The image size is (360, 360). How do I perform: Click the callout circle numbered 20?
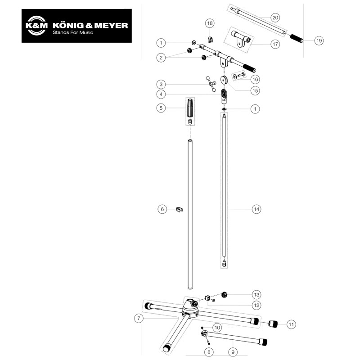pos(275,18)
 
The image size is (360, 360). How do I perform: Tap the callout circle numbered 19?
pos(319,40)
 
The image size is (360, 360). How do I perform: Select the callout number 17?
pos(275,44)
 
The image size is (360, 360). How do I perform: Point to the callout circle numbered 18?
pos(210,23)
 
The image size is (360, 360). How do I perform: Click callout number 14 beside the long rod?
pos(256,209)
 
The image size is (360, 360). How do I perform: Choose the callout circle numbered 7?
pos(139,318)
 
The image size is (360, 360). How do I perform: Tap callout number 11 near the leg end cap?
pos(291,324)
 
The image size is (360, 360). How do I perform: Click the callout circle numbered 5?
pos(161,108)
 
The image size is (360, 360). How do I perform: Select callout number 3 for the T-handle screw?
pos(161,84)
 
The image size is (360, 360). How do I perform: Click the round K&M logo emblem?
pos(36,26)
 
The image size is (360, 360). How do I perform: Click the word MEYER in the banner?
pos(111,25)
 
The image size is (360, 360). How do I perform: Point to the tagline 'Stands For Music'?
pos(73,32)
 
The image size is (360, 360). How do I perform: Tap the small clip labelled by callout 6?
pos(179,209)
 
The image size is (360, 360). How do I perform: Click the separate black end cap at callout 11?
pos(273,324)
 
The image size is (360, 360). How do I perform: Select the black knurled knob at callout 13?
pos(224,295)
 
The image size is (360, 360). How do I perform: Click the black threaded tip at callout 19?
pos(297,38)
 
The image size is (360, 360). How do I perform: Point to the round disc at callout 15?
pos(224,80)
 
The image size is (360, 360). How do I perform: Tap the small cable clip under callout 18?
pos(210,40)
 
